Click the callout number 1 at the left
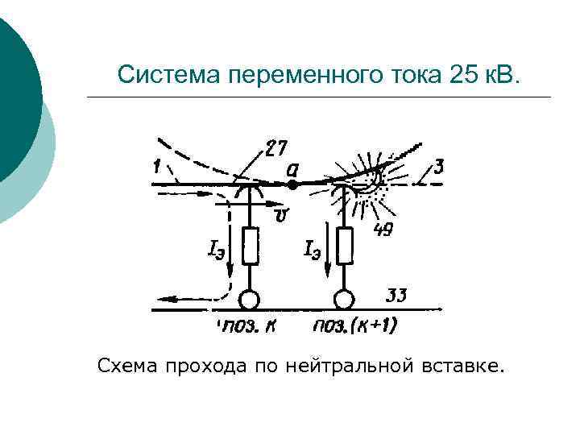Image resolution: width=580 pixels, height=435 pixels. point(154,167)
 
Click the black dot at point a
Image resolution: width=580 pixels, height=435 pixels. point(293,184)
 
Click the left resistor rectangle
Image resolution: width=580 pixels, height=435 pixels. point(251,246)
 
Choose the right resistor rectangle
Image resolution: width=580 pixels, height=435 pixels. point(346,246)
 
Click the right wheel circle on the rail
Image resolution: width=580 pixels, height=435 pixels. point(345,300)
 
